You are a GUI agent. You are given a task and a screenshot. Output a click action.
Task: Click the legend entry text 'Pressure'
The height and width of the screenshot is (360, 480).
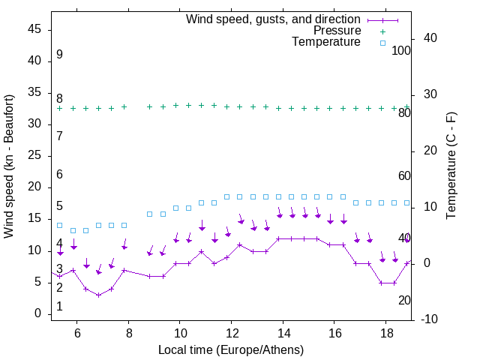tap(337, 31)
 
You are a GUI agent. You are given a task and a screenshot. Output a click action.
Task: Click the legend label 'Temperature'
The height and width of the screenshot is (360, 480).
tap(326, 42)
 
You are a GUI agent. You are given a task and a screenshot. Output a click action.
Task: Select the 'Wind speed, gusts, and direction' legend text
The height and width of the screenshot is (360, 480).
tap(273, 19)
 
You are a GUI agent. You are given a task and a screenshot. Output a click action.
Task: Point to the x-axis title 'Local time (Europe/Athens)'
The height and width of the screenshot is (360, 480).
tap(231, 349)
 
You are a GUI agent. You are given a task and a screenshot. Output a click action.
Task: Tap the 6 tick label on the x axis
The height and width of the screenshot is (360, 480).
tap(77, 333)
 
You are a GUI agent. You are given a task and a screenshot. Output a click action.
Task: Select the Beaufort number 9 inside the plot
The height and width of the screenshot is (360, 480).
tap(59, 55)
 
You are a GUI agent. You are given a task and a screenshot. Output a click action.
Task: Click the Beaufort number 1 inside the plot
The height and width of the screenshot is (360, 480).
tap(59, 307)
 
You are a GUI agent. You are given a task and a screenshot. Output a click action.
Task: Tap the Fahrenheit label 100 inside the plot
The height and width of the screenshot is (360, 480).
tap(401, 50)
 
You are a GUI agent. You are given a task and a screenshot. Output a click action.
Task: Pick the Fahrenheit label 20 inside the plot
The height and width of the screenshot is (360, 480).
tap(404, 300)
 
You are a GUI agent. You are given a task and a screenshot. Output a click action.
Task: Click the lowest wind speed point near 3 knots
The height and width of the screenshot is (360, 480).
tap(98, 295)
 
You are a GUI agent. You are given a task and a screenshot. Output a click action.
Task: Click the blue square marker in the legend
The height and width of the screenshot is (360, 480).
tap(382, 43)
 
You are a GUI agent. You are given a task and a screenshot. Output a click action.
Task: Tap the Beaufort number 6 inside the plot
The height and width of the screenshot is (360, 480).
tap(59, 174)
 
